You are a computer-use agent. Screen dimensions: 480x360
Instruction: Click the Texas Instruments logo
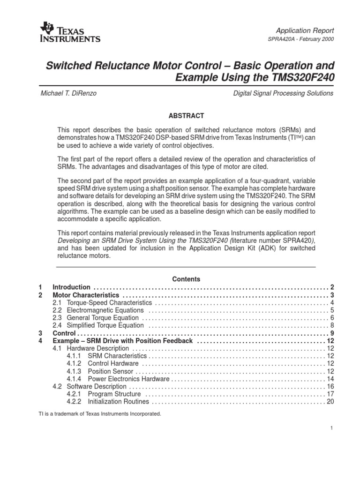[x=70, y=32]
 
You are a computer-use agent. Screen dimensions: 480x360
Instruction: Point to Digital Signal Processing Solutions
[x=283, y=93]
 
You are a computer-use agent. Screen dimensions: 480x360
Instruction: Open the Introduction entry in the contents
[x=71, y=287]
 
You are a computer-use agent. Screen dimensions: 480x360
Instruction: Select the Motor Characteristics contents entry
[x=86, y=295]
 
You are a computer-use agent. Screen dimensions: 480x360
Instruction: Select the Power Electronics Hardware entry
[x=124, y=379]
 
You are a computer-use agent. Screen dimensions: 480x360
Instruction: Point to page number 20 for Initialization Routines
[x=330, y=402]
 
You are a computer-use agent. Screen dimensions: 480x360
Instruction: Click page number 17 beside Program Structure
[x=330, y=394]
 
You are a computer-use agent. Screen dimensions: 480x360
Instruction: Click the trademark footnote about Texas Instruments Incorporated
[x=99, y=414]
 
